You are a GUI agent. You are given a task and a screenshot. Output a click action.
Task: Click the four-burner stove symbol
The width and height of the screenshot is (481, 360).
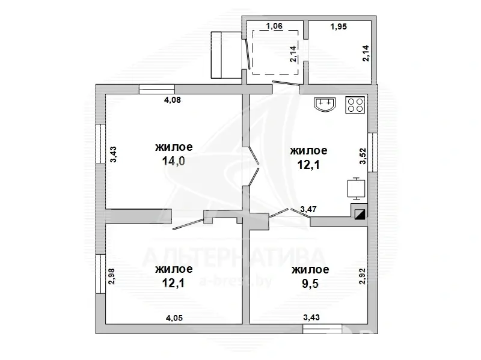(355, 105)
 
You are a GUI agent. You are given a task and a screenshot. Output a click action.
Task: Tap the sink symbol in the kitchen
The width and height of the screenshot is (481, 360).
(325, 104)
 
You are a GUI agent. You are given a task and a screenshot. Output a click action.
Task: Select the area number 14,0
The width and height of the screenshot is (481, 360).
(173, 161)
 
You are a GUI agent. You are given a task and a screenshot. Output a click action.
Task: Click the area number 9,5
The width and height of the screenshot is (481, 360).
(310, 283)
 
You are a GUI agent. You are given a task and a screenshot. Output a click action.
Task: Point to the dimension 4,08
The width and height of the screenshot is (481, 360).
(173, 100)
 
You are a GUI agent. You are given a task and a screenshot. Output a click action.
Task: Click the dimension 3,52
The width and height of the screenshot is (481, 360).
(363, 156)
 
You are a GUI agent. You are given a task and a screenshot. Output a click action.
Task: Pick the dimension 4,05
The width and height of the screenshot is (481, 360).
(174, 318)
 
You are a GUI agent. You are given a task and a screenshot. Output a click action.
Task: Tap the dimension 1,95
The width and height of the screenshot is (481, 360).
(339, 26)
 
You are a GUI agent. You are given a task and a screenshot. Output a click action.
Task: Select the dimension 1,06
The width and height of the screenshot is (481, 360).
(274, 26)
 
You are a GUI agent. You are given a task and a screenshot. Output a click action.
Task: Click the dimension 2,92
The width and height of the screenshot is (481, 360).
(363, 276)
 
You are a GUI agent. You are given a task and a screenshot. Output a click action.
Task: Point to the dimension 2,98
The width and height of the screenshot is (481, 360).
(112, 276)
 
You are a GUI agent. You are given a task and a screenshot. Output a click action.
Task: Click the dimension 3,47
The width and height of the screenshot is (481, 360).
(308, 209)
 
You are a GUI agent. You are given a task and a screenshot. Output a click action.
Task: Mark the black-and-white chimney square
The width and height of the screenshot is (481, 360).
(360, 214)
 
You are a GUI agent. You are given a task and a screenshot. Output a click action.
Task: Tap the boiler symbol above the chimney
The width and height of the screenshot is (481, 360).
(356, 188)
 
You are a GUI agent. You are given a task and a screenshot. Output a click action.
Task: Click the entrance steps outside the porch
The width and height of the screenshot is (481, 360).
(226, 55)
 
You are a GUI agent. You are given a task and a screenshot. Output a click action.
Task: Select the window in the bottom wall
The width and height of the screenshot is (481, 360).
(322, 329)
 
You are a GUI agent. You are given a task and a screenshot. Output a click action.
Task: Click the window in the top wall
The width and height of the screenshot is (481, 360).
(157, 89)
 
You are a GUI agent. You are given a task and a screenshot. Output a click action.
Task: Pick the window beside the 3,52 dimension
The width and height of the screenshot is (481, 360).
(373, 153)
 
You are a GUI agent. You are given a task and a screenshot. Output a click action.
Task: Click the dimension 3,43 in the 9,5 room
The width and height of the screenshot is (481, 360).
(311, 317)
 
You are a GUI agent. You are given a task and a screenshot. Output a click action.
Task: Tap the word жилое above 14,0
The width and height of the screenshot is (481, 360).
(174, 147)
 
